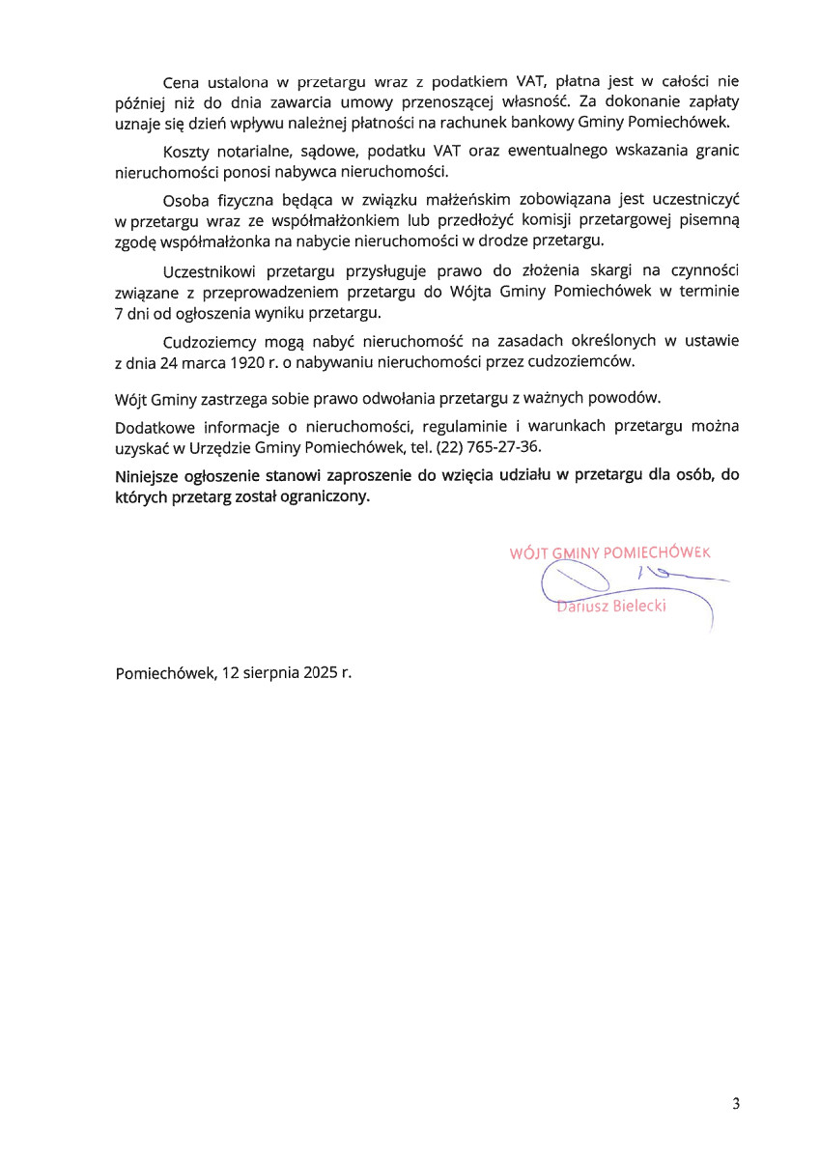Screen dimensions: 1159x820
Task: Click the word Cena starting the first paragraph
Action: click(x=181, y=83)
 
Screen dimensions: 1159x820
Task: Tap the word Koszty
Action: click(x=186, y=154)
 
